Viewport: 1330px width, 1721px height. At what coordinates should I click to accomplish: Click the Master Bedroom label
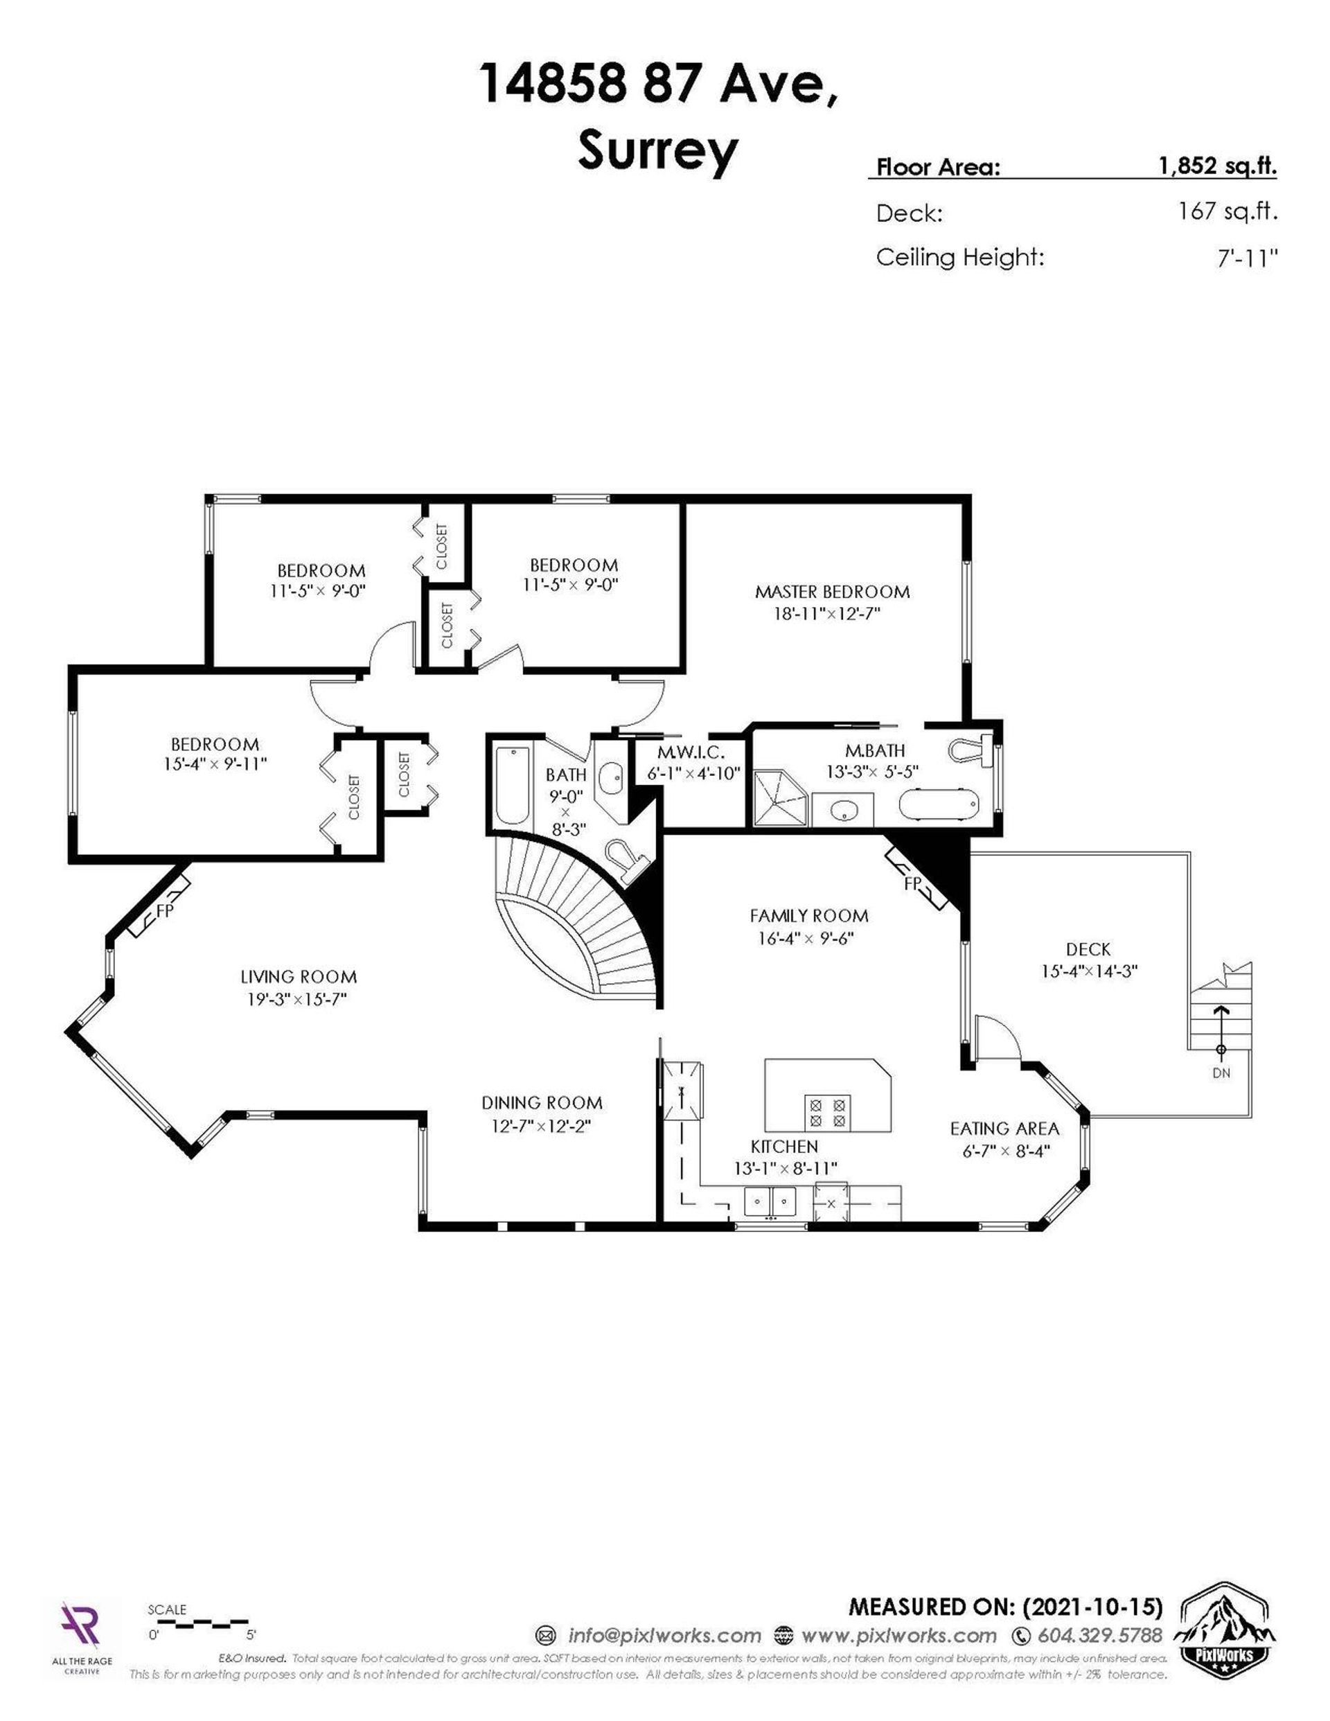pyautogui.click(x=832, y=592)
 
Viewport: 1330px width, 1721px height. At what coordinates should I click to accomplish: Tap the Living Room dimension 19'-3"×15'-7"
pyautogui.click(x=298, y=999)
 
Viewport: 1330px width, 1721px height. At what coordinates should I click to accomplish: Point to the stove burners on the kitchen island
pyautogui.click(x=826, y=1111)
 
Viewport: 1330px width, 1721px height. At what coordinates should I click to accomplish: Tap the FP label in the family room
pyautogui.click(x=912, y=884)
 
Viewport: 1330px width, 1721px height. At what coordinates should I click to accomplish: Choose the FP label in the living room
pyautogui.click(x=165, y=910)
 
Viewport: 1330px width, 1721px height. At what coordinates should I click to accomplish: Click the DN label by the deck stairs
pyautogui.click(x=1221, y=1073)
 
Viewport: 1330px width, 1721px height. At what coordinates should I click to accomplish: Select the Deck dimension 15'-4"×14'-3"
pyautogui.click(x=1089, y=971)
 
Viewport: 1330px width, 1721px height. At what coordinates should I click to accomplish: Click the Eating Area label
pyautogui.click(x=1004, y=1129)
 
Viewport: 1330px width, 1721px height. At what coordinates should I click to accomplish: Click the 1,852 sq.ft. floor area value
pyautogui.click(x=1216, y=166)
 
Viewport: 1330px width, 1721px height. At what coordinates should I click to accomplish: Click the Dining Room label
pyautogui.click(x=542, y=1103)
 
